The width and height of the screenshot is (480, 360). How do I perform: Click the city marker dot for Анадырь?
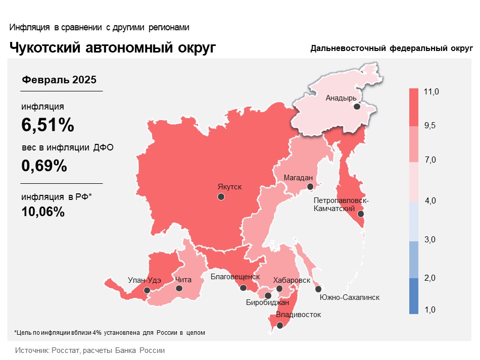pyautogui.click(x=357, y=107)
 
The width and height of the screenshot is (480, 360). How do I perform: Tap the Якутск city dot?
pyautogui.click(x=221, y=197)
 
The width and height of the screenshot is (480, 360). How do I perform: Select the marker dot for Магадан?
pyautogui.click(x=310, y=187)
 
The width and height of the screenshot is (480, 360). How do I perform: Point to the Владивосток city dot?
pyautogui.click(x=280, y=325)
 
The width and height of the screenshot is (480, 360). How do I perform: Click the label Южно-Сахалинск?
pyautogui.click(x=350, y=297)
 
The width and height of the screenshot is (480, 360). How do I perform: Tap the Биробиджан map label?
pyautogui.click(x=267, y=303)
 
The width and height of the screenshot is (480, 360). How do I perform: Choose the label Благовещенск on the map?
pyautogui.click(x=235, y=277)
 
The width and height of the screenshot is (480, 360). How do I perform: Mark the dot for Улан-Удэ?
pyautogui.click(x=147, y=290)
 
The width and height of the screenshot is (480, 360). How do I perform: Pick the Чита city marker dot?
pyautogui.click(x=179, y=288)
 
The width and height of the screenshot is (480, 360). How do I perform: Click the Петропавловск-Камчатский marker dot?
pyautogui.click(x=360, y=214)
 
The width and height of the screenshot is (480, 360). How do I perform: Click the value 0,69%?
pyautogui.click(x=44, y=165)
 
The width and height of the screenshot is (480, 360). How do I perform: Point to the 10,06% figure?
pyautogui.click(x=43, y=212)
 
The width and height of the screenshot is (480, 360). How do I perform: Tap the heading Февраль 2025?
pyautogui.click(x=59, y=80)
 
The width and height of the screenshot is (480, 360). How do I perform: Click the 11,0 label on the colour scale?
pyautogui.click(x=431, y=92)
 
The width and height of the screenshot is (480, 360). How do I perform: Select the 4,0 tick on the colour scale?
pyautogui.click(x=430, y=201)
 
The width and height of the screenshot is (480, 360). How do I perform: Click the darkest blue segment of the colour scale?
pyautogui.click(x=414, y=296)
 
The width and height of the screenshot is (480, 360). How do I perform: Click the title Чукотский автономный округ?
pyautogui.click(x=113, y=47)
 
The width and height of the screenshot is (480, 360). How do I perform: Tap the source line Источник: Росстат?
pyautogui.click(x=90, y=350)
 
